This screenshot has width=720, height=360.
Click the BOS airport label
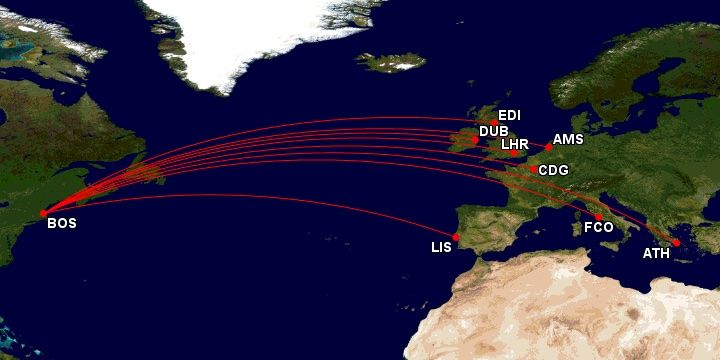[62, 224]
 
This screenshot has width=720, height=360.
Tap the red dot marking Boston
[43, 213]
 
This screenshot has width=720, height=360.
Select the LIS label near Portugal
[442, 247]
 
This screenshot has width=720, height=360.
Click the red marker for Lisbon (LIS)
[456, 237]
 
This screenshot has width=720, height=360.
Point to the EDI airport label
[509, 116]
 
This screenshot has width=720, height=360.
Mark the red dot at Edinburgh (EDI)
[494, 123]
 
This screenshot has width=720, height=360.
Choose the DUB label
[493, 131]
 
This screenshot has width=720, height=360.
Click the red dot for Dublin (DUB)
[475, 139]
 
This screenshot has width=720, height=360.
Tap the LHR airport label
[514, 144]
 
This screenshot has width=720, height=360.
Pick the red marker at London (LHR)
[514, 153]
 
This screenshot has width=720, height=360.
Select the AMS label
[568, 140]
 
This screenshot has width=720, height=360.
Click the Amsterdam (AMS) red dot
[548, 148]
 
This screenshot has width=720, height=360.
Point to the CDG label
[553, 170]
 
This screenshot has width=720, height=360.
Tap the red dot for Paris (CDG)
[533, 169]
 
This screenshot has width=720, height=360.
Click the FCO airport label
[598, 228]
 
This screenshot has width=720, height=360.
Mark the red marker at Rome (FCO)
[599, 217]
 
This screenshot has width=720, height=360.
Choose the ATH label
[656, 253]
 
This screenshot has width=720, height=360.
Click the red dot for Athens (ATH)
[677, 242]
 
